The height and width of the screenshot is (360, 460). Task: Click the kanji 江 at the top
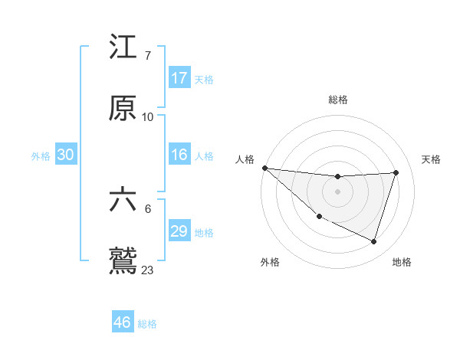click(123, 47)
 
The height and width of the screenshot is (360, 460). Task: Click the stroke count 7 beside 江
click(147, 57)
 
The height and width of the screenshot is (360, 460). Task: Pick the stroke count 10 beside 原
click(147, 117)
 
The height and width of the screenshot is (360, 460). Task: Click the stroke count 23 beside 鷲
click(147, 270)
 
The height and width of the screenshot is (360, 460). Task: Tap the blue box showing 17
click(179, 78)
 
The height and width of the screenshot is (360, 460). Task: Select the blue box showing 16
click(179, 155)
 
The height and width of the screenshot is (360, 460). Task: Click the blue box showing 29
click(179, 231)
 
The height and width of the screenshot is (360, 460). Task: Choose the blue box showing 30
click(66, 155)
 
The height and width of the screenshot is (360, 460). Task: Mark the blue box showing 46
click(123, 322)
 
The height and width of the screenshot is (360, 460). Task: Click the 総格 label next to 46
click(147, 324)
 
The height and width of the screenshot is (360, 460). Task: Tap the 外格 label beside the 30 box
click(41, 156)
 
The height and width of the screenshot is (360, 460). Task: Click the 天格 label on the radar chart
click(432, 159)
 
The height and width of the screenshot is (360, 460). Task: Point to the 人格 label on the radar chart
click(245, 159)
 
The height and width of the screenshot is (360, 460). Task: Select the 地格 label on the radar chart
click(402, 262)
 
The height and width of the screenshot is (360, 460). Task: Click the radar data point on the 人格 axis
click(264, 168)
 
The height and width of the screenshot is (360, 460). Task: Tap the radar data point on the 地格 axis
click(373, 241)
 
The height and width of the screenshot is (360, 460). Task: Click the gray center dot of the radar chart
click(337, 191)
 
